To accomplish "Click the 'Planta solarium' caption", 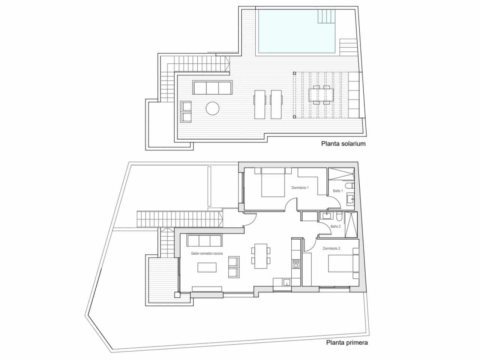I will click(x=343, y=143).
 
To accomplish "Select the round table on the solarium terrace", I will click(x=212, y=108).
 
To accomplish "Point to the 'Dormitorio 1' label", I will click(x=300, y=188).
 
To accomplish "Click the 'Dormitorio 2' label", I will click(x=331, y=249).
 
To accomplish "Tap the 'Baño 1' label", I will click(x=337, y=191).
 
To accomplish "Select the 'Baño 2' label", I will click(x=335, y=226).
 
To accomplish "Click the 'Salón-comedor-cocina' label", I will click(x=207, y=254).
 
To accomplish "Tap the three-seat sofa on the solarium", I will click(x=213, y=87).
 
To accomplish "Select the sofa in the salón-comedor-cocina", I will click(x=204, y=240).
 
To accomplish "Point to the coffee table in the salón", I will click(x=207, y=267).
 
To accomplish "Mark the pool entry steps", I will click(x=325, y=15).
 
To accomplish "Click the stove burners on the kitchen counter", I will click(x=296, y=264).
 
